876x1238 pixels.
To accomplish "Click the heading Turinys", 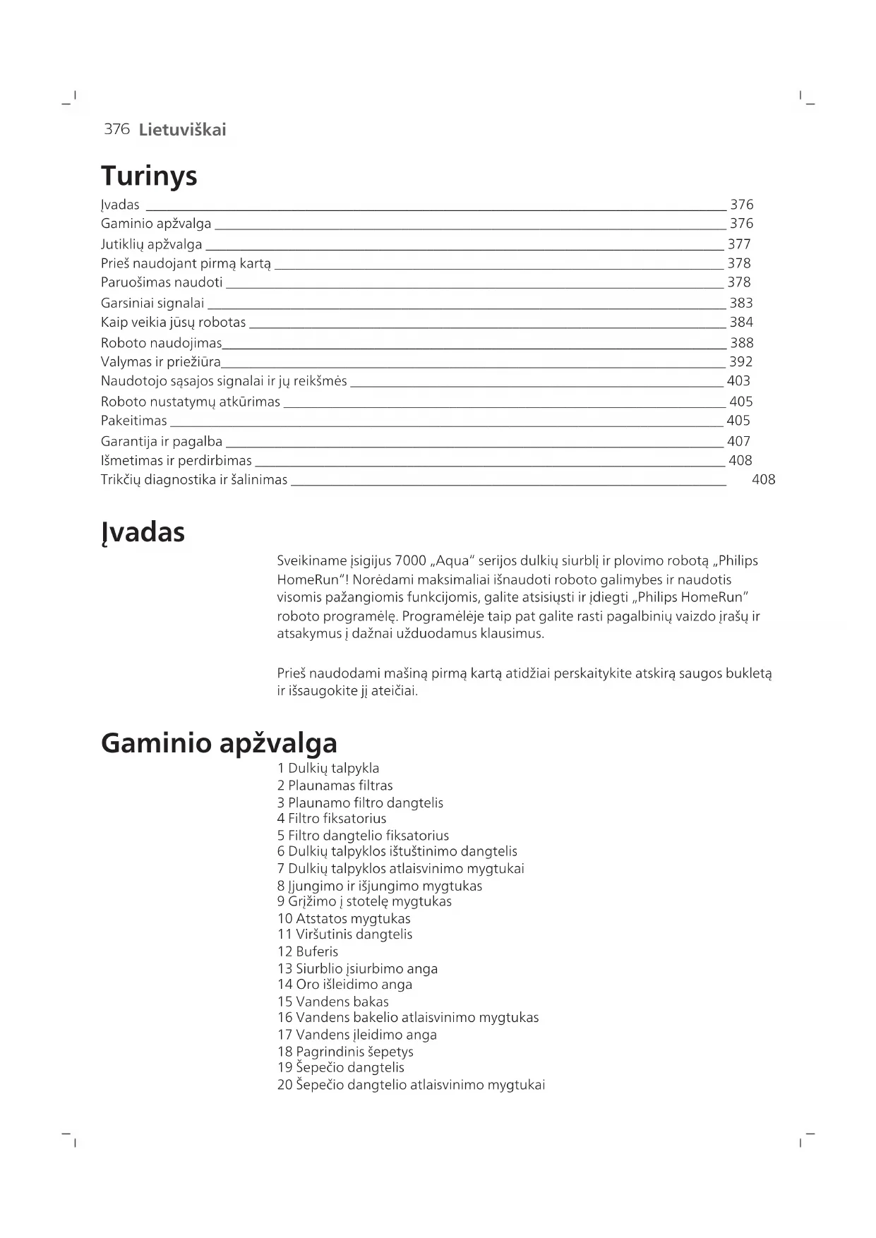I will [x=149, y=176].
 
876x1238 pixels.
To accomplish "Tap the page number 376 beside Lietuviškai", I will [x=116, y=129].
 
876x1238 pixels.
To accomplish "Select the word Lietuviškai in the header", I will [x=182, y=130].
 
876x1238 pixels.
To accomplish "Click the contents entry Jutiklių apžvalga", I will [x=151, y=244].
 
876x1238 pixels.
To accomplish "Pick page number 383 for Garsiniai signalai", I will [x=741, y=303].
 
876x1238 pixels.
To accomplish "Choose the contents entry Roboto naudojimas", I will [x=161, y=343].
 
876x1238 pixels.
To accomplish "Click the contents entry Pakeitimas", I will [x=134, y=421].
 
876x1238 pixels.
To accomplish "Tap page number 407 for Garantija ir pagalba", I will [x=738, y=441].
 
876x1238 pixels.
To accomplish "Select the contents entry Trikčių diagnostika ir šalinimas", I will [x=194, y=480].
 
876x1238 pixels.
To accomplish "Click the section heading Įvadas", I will [x=143, y=532].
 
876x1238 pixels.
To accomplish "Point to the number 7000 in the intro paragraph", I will [x=411, y=561].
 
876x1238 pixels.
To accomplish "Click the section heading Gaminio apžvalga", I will [x=219, y=743].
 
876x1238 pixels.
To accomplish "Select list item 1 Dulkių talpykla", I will [x=328, y=768].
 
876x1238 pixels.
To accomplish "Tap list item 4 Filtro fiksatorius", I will [x=332, y=819].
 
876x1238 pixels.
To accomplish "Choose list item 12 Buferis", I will [x=308, y=951].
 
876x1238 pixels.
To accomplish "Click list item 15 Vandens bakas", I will [x=333, y=1002].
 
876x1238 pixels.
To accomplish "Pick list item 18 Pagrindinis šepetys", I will [x=345, y=1052].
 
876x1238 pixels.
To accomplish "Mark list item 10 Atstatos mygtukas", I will [x=344, y=918].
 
